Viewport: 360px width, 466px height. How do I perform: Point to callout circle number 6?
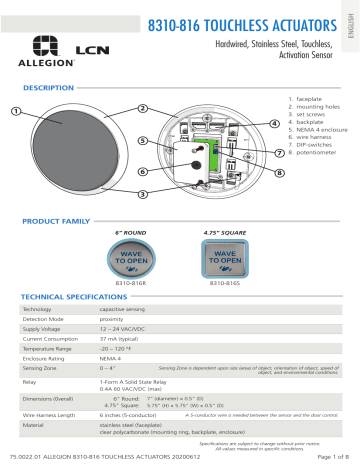coord(143,171)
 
